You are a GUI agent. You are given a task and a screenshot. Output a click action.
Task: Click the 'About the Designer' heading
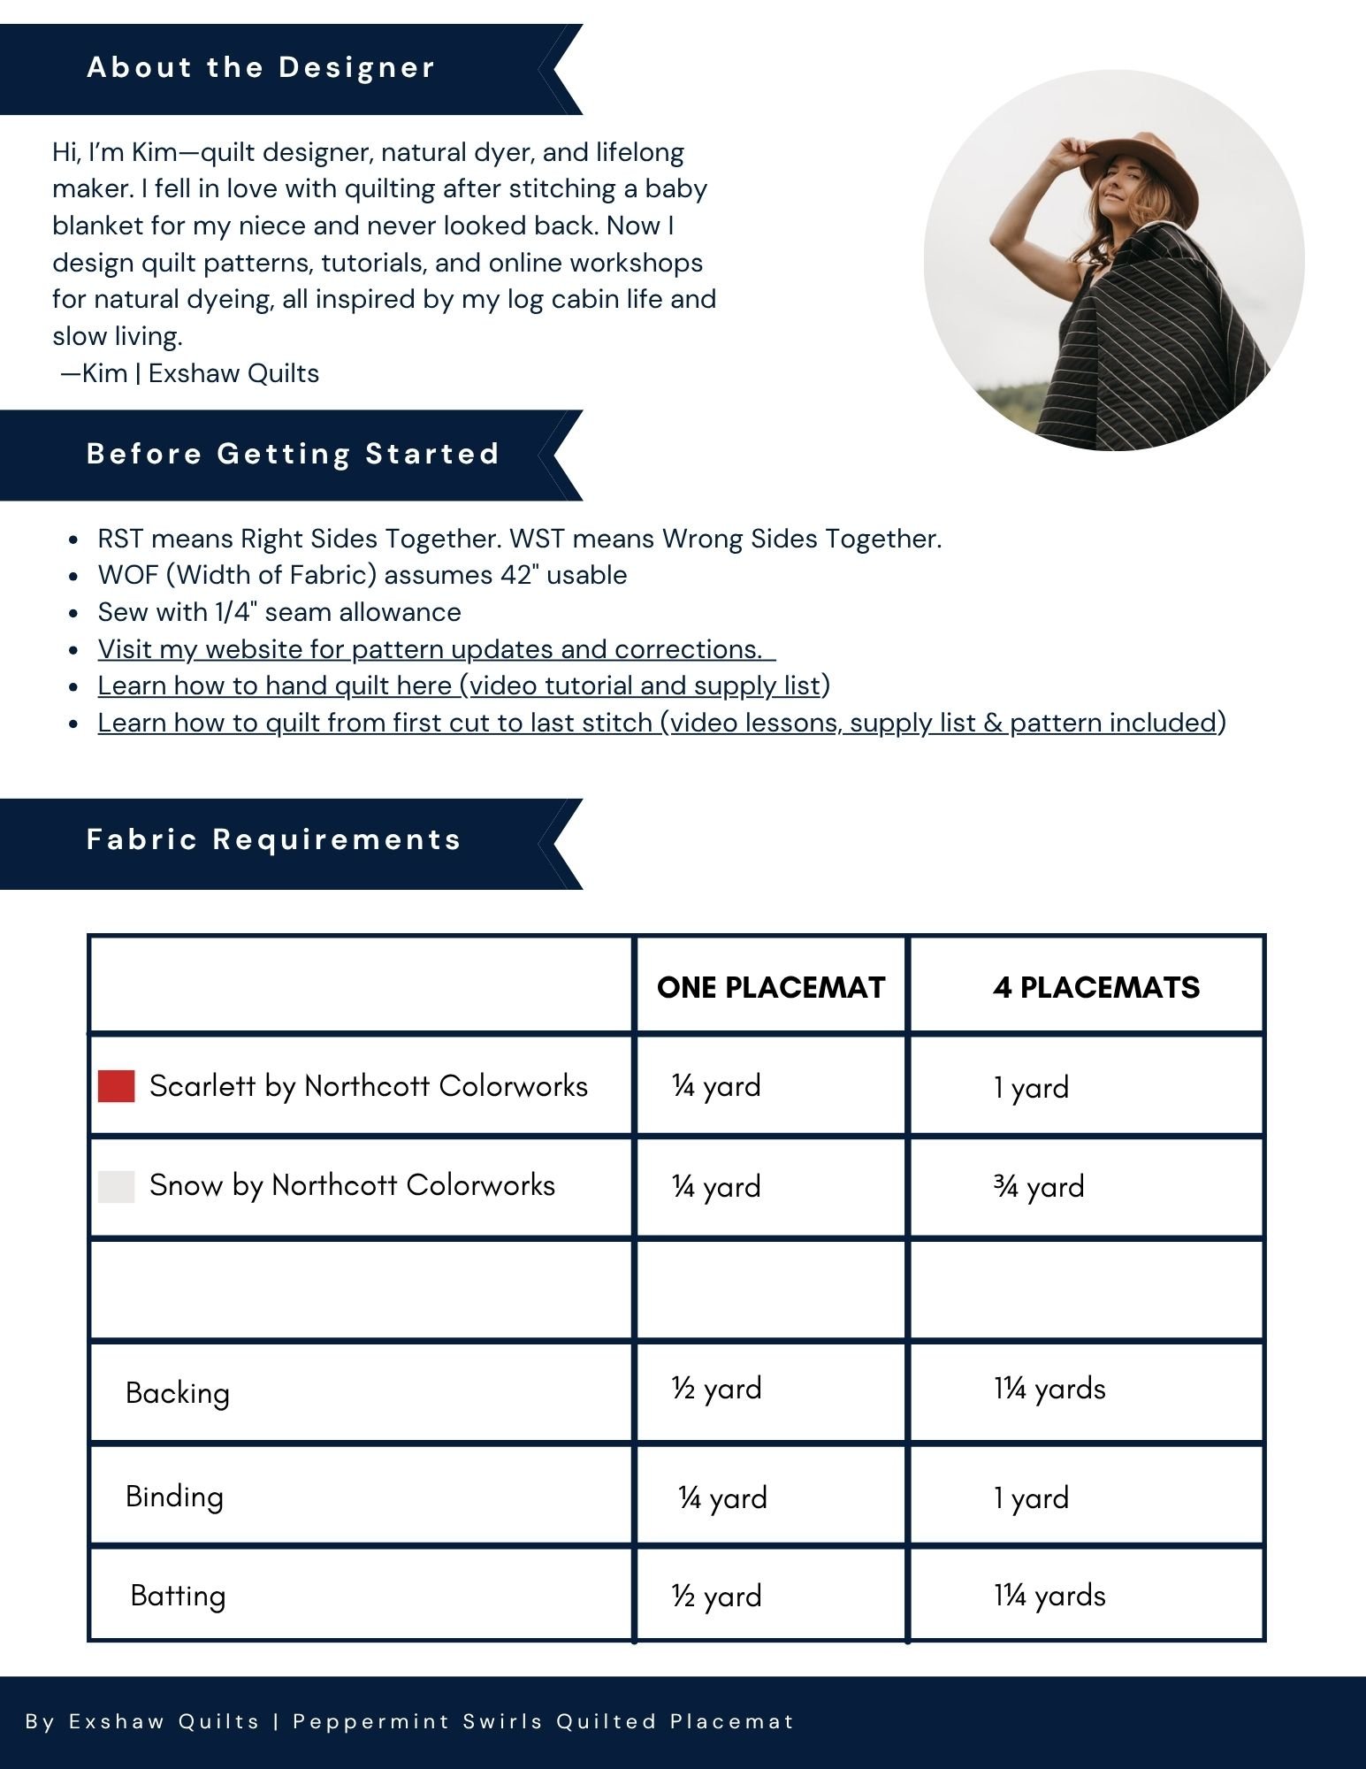point(261,68)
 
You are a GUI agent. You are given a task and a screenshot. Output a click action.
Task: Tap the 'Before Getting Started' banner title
point(293,454)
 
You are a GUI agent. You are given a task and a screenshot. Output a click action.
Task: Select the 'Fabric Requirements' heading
point(274,839)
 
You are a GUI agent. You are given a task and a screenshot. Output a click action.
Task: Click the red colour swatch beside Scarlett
point(116,1086)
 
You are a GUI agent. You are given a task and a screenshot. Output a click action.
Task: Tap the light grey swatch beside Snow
point(116,1186)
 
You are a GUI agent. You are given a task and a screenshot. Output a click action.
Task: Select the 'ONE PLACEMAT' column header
point(771,987)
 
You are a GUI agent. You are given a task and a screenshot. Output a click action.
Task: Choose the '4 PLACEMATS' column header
point(1095,987)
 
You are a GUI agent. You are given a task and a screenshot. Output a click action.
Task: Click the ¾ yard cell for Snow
point(1039,1186)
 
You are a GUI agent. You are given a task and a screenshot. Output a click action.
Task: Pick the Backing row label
point(178,1393)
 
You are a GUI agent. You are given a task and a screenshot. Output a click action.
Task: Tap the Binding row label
point(175,1497)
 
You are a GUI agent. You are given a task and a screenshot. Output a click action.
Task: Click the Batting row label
point(179,1596)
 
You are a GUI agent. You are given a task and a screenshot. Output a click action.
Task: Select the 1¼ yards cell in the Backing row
point(1049,1389)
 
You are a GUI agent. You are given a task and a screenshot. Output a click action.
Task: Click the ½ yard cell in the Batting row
point(716,1596)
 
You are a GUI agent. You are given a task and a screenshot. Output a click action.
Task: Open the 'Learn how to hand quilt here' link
point(463,685)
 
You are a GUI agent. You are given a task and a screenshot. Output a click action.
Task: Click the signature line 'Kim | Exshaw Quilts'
point(190,373)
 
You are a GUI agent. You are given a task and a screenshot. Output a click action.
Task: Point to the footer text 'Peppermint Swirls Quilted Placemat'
point(543,1721)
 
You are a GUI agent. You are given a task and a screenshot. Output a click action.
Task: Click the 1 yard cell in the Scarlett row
point(1031,1087)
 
